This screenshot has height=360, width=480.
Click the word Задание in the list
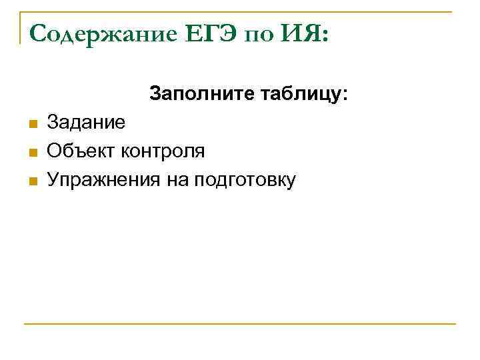tap(85, 123)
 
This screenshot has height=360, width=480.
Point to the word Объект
tap(81, 151)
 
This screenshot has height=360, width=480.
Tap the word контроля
tap(163, 151)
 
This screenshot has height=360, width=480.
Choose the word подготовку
tap(244, 180)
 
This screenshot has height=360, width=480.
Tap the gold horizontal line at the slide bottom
tap(240, 324)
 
